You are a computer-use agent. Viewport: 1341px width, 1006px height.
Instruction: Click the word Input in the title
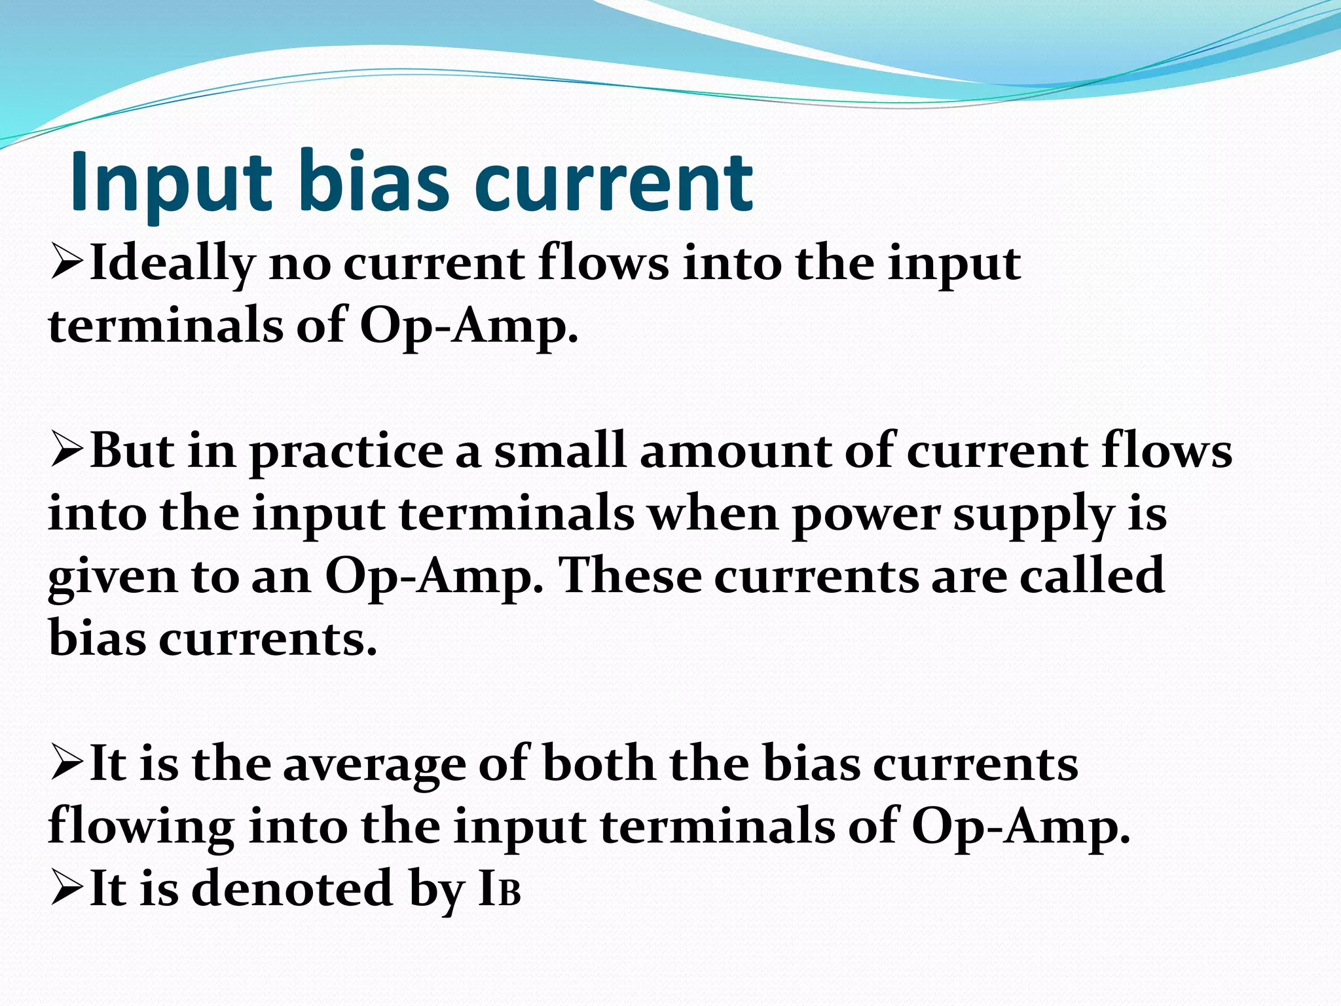click(x=170, y=183)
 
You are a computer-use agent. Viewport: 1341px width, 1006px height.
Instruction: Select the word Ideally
click(x=172, y=264)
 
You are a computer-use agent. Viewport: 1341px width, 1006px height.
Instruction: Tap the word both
click(x=598, y=764)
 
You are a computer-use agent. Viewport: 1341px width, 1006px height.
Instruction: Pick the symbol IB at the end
click(x=500, y=889)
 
